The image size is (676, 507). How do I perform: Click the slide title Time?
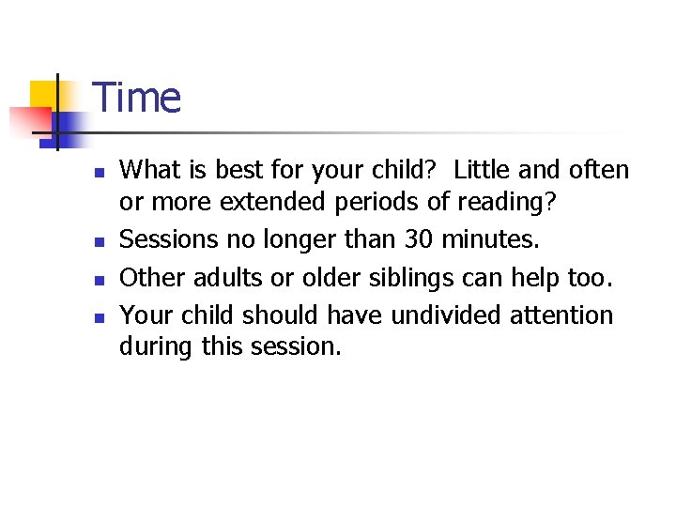137,98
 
